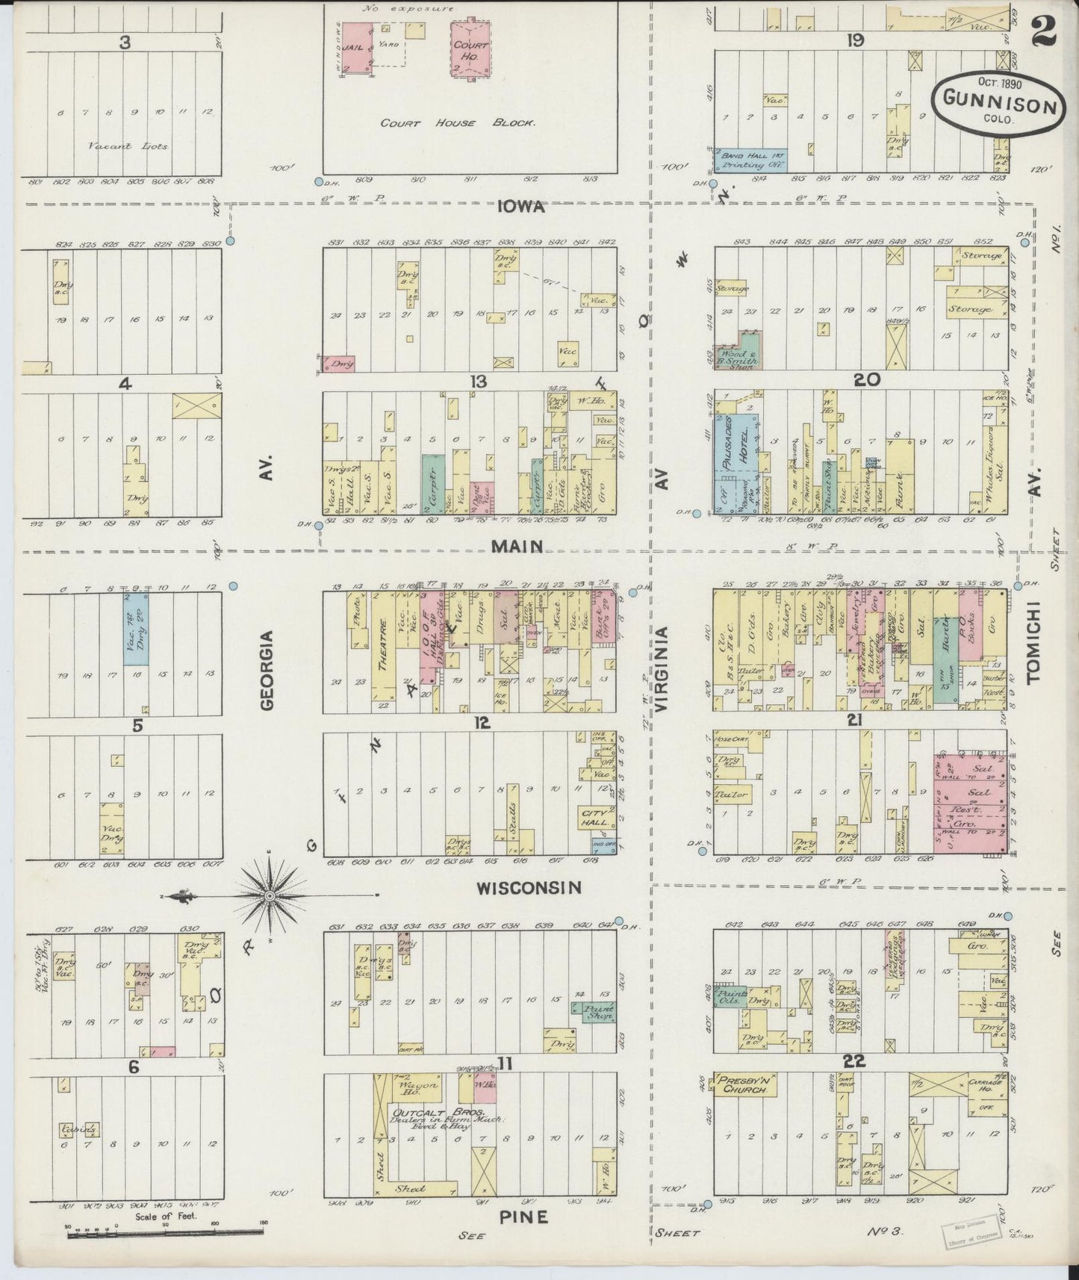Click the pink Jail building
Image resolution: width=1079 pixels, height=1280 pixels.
click(353, 46)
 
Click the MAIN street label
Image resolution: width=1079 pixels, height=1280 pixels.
click(516, 547)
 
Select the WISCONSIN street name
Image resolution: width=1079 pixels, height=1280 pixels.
click(529, 888)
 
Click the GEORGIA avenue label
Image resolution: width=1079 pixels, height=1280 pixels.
click(269, 670)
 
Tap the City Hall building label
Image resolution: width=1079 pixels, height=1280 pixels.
click(596, 816)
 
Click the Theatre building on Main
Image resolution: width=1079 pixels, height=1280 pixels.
click(383, 646)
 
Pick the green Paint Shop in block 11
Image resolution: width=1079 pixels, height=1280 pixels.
click(594, 1013)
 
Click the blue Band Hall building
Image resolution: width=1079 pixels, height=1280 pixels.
click(750, 161)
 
